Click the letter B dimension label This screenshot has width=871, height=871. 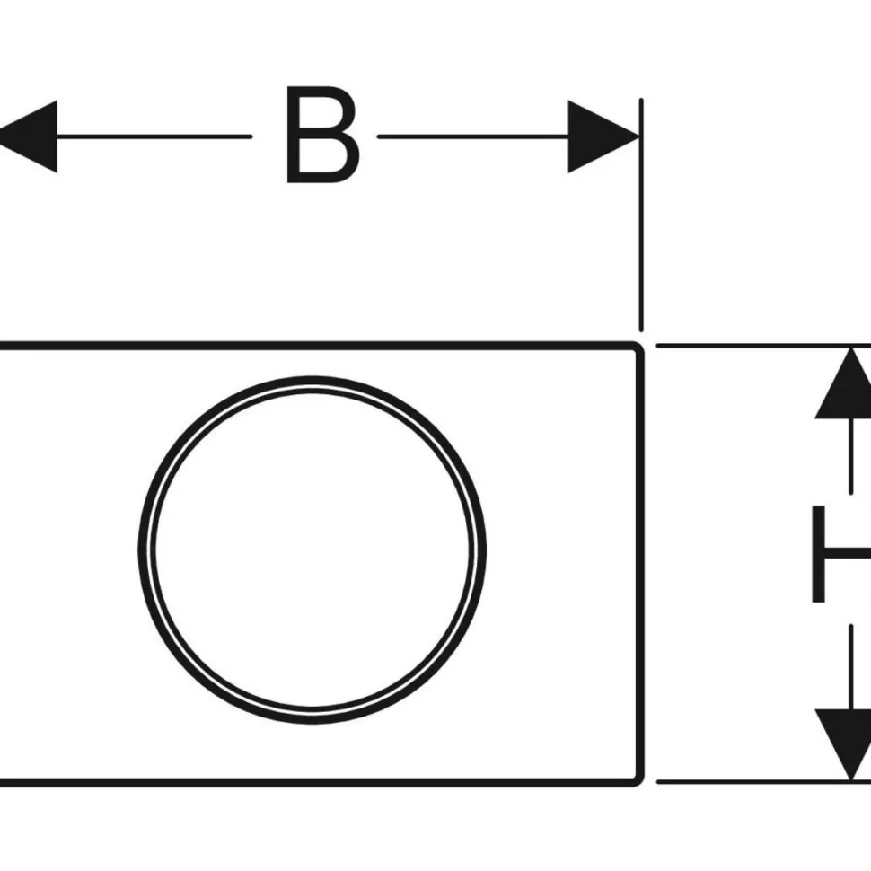pyautogui.click(x=322, y=135)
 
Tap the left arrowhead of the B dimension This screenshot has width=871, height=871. pyautogui.click(x=29, y=136)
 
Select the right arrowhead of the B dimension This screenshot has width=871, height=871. pyautogui.click(x=603, y=136)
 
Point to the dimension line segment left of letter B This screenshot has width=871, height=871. pyautogui.click(x=154, y=136)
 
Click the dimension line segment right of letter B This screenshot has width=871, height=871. pyautogui.click(x=472, y=136)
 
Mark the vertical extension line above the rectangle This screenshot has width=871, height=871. pyautogui.click(x=641, y=215)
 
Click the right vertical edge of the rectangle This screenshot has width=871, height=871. pyautogui.click(x=640, y=565)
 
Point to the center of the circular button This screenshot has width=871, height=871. pyautogui.click(x=312, y=550)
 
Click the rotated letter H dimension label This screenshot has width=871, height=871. pyautogui.click(x=841, y=554)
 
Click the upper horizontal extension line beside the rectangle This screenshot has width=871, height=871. pyautogui.click(x=764, y=346)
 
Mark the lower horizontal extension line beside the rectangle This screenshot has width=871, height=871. pyautogui.click(x=764, y=782)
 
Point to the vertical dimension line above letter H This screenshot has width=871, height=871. pyautogui.click(x=851, y=456)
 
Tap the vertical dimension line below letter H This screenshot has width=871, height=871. pyautogui.click(x=851, y=667)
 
